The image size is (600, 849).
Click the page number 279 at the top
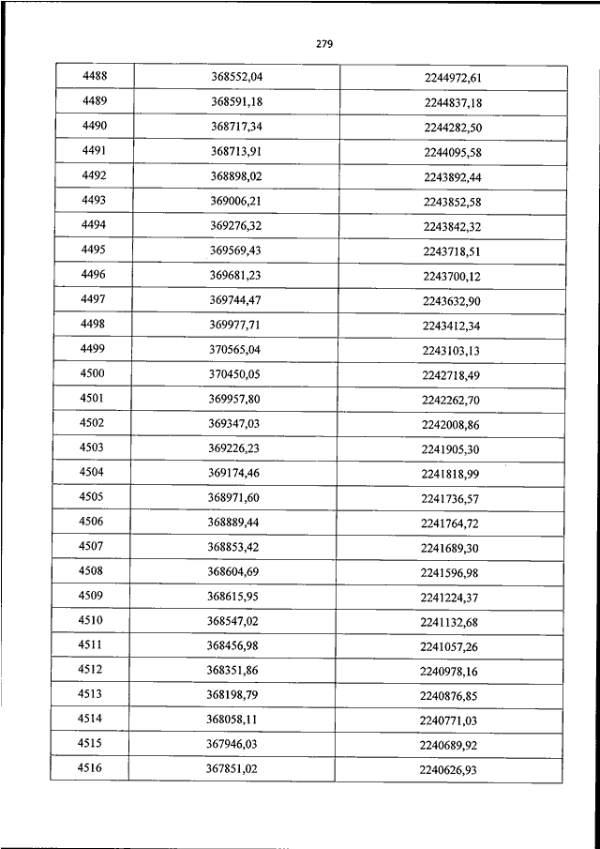coord(325,43)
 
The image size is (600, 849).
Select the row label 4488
coord(95,76)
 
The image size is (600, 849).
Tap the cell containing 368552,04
coord(236,76)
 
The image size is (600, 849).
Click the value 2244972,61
coord(452,77)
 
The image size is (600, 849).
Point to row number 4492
coord(95,174)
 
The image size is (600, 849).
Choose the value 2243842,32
coord(452,225)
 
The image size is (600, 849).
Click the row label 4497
coord(94,299)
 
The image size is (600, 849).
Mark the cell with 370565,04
coord(234,349)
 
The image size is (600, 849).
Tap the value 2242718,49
coord(451,374)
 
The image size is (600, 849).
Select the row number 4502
coord(93,423)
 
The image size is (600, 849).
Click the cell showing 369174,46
coord(233,473)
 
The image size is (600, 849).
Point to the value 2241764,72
coord(450,523)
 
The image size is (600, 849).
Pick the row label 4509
coord(92,597)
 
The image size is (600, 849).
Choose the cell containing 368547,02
coord(232,621)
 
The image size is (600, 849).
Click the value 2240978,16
coord(449,671)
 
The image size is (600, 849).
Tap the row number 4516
coord(91,768)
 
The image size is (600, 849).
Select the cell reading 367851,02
coord(232,769)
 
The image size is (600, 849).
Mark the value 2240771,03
coord(449,720)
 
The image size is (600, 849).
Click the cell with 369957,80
coord(234,399)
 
